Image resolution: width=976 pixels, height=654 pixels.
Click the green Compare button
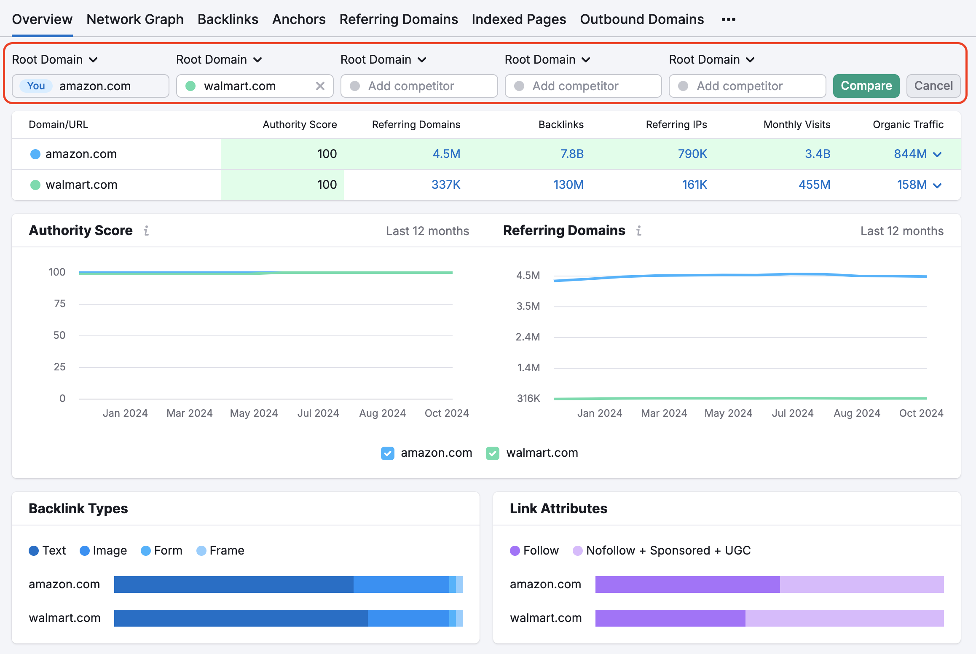pyautogui.click(x=866, y=86)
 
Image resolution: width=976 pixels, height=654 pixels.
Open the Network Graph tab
pyautogui.click(x=135, y=19)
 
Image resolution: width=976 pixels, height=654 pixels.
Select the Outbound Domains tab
pyautogui.click(x=641, y=19)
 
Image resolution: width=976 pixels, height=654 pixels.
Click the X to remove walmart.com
pyautogui.click(x=320, y=86)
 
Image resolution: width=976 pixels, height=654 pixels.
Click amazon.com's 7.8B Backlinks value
pyautogui.click(x=571, y=154)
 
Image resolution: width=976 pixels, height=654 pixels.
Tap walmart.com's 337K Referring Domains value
pyautogui.click(x=445, y=185)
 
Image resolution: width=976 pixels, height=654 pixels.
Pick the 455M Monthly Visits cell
pyautogui.click(x=814, y=185)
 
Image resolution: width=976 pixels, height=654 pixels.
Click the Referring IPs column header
pyautogui.click(x=676, y=125)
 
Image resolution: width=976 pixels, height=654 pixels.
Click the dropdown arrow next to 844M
pyautogui.click(x=937, y=155)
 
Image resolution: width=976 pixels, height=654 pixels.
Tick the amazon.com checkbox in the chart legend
pyautogui.click(x=387, y=453)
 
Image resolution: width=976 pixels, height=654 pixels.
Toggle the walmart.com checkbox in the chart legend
pyautogui.click(x=492, y=453)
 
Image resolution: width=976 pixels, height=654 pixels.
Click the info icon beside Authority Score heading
pyautogui.click(x=146, y=231)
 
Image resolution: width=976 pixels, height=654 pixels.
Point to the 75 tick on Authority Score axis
pyautogui.click(x=60, y=304)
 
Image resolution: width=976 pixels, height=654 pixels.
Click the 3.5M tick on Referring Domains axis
pyautogui.click(x=528, y=306)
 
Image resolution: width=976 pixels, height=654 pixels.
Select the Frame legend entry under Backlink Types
pyautogui.click(x=220, y=551)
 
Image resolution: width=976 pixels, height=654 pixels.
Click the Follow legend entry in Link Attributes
pyautogui.click(x=534, y=551)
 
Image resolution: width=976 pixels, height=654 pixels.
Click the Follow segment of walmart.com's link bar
pyautogui.click(x=670, y=618)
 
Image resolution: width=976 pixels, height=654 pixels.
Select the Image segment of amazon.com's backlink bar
pyautogui.click(x=401, y=584)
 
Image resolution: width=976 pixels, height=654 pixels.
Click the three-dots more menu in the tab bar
pyautogui.click(x=728, y=19)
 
